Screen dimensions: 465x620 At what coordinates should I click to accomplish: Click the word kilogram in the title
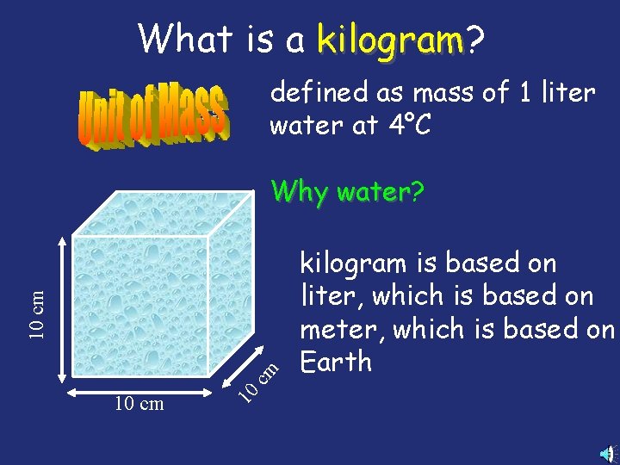pyautogui.click(x=389, y=40)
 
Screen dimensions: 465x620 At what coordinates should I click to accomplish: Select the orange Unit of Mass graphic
pyautogui.click(x=153, y=115)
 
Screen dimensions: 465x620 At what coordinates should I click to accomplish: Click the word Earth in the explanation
pyautogui.click(x=335, y=363)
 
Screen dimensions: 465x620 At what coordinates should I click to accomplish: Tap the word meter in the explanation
pyautogui.click(x=337, y=330)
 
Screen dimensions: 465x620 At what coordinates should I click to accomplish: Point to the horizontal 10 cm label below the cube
pyautogui.click(x=139, y=404)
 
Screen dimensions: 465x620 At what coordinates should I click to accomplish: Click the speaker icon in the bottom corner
pyautogui.click(x=608, y=453)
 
